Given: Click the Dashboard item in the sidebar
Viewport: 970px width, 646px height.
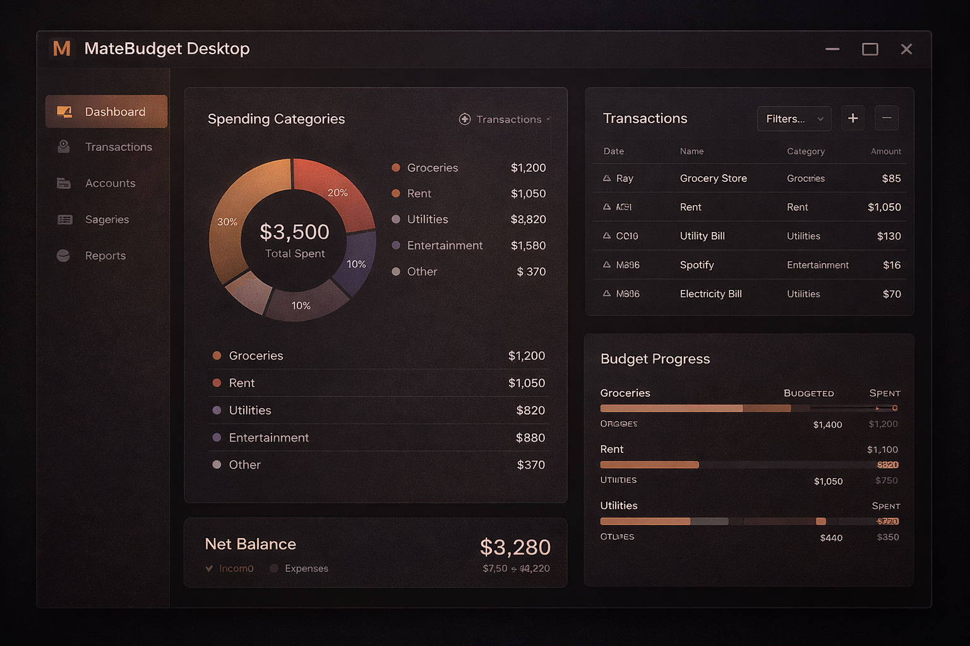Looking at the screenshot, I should [x=106, y=112].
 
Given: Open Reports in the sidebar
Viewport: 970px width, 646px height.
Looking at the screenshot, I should [x=105, y=255].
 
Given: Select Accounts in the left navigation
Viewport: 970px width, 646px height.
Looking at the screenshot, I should [x=110, y=183].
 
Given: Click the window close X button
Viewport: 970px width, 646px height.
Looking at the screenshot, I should [x=906, y=49].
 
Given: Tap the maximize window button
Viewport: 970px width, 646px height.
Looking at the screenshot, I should [x=870, y=49].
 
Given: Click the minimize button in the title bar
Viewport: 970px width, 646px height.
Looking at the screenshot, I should [x=832, y=49].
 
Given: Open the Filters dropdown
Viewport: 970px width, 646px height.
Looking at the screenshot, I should [x=794, y=119].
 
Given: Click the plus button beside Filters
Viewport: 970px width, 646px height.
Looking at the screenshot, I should [x=853, y=118].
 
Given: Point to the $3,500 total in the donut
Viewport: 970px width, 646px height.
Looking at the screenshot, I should [x=294, y=232].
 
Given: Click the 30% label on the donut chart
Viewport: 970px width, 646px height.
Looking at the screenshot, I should [x=227, y=222].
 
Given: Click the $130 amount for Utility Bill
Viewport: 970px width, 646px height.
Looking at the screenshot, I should [x=889, y=236].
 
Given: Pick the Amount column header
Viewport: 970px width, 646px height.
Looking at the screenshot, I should [x=885, y=151].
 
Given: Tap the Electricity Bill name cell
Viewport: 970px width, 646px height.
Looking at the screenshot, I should [x=710, y=294].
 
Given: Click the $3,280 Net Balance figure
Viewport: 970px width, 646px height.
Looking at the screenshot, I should [x=515, y=547].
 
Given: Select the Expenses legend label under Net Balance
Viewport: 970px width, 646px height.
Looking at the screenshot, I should [x=306, y=568].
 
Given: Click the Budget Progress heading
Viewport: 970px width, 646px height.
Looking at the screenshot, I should [x=655, y=359].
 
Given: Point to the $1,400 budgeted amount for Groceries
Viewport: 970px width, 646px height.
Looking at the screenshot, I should [x=827, y=425].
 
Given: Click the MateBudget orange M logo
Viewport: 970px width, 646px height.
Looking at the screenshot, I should [x=62, y=49].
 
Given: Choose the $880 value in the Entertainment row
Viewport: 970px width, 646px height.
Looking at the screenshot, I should [x=530, y=438].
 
